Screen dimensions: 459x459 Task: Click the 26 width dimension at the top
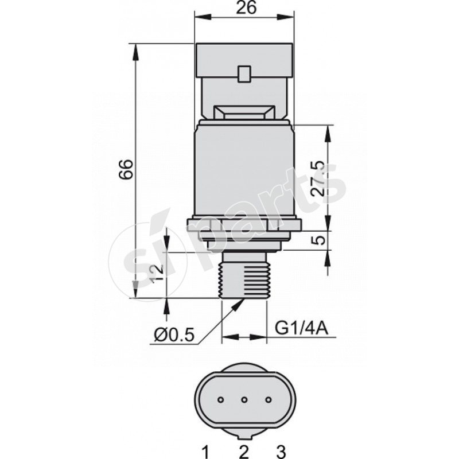click(246, 8)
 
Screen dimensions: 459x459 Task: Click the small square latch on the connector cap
click(244, 74)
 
